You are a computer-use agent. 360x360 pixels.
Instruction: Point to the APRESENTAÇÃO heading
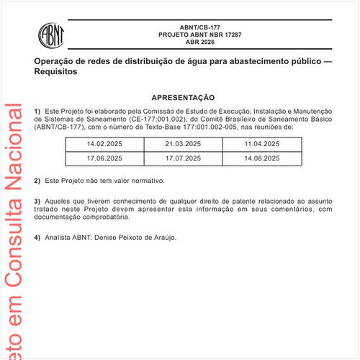183,96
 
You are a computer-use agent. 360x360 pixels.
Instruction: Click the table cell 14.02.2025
105,145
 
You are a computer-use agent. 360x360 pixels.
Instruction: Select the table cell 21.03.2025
184,145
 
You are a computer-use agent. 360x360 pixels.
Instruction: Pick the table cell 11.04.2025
261,145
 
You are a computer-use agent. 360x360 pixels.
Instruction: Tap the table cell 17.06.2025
105,157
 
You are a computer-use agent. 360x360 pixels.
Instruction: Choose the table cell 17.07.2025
184,157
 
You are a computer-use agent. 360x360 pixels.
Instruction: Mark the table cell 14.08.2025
261,157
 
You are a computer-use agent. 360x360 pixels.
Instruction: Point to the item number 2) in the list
37,180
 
